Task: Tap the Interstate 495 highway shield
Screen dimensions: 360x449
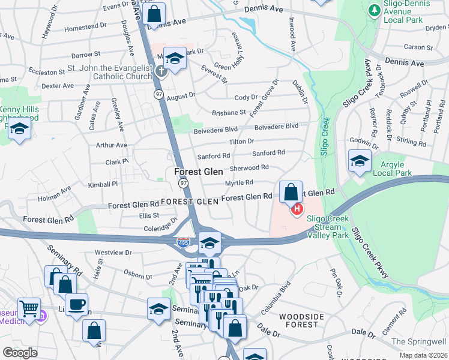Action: click(183, 242)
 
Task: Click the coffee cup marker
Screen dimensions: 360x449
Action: click(76, 305)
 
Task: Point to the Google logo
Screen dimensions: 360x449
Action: click(20, 352)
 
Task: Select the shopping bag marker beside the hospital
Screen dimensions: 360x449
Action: click(291, 193)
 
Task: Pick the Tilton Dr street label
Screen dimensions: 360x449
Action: click(241, 142)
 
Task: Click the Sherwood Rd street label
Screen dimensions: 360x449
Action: click(249, 169)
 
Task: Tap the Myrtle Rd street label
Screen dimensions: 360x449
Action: click(239, 182)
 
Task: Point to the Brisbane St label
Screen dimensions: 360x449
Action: click(229, 112)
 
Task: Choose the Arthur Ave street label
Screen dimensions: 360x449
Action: click(112, 145)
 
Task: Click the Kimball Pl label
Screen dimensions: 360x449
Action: click(103, 184)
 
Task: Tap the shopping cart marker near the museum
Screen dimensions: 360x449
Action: click(29, 309)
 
